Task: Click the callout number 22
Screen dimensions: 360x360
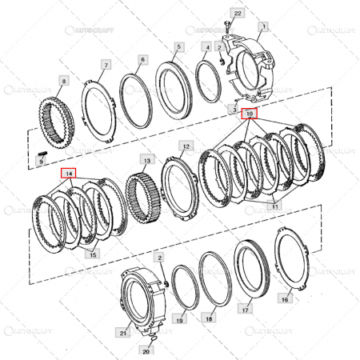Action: click(236, 14)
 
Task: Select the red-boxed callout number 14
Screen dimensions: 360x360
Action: click(69, 173)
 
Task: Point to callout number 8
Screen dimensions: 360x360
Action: click(64, 81)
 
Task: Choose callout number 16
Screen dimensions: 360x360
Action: click(285, 298)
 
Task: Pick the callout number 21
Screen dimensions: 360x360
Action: click(123, 332)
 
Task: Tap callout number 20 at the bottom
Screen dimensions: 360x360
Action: click(146, 350)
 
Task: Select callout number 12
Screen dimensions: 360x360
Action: click(186, 147)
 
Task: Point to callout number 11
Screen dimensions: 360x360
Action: click(274, 206)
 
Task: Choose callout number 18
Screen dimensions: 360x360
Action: click(208, 318)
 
